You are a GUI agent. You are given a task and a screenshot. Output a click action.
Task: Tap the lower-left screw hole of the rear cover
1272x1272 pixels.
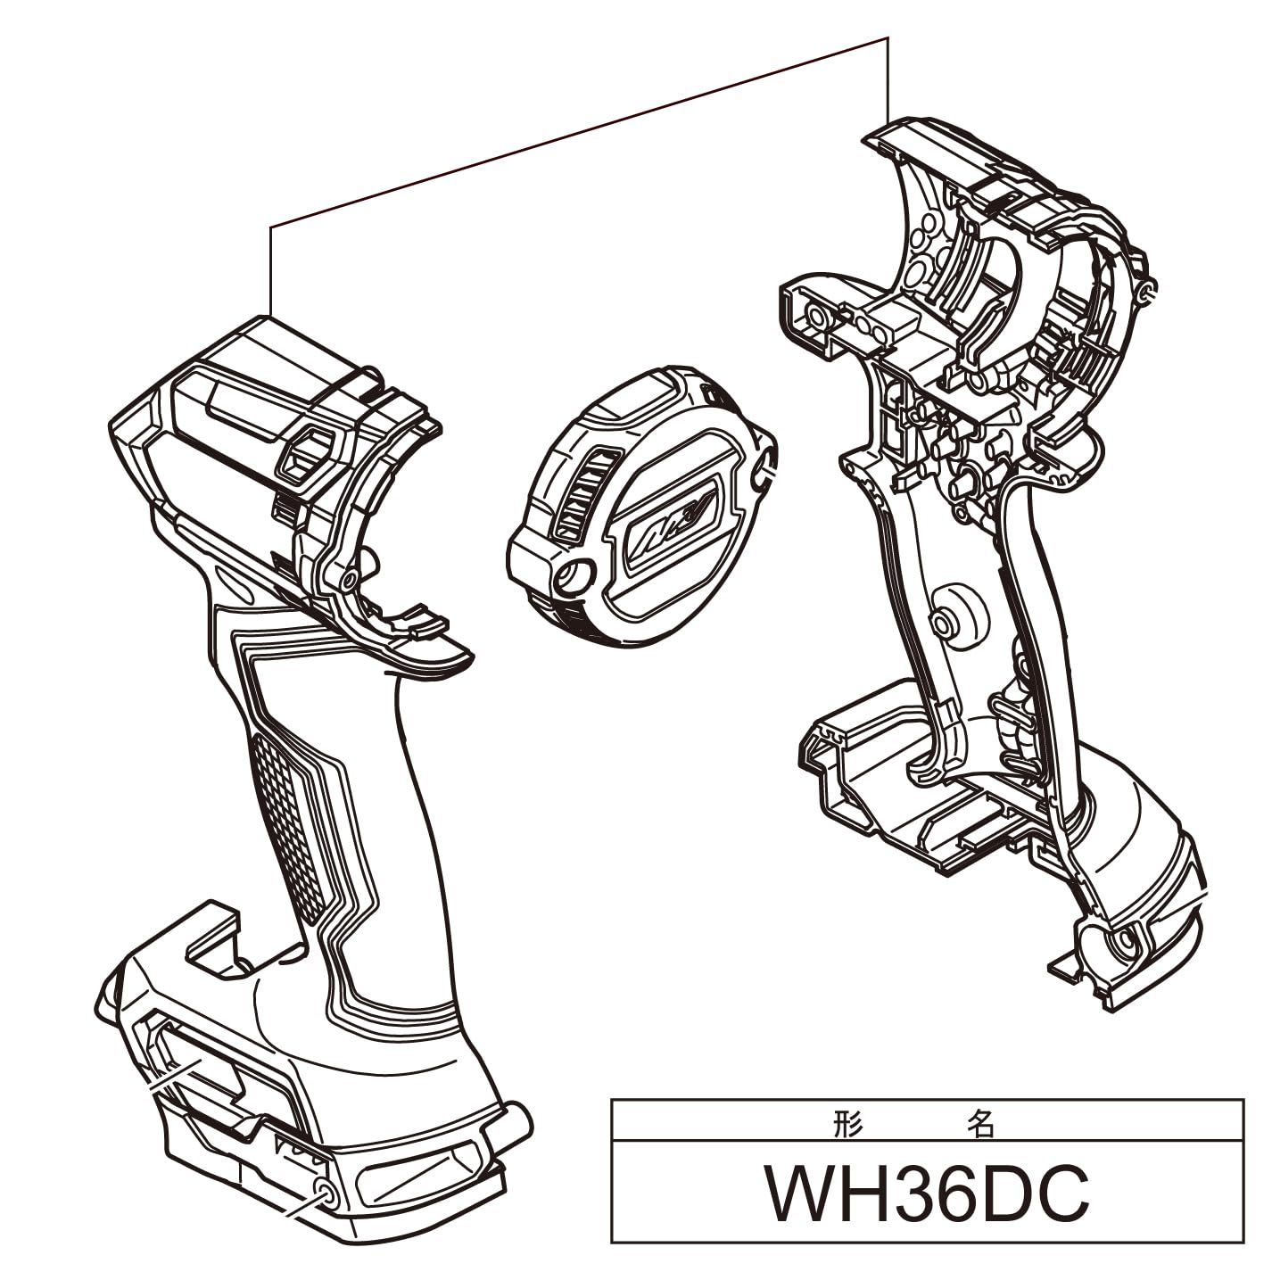tap(572, 575)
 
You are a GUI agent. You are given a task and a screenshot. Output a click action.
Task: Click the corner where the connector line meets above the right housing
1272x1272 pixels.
tap(888, 37)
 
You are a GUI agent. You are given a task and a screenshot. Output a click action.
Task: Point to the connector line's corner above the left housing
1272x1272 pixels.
tap(270, 227)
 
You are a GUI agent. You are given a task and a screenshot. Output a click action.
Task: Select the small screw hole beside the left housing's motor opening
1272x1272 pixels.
tap(349, 579)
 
